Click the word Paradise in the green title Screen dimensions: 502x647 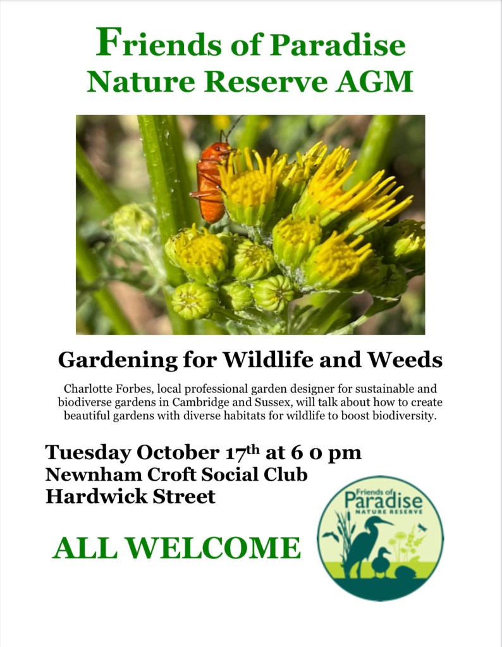click(x=338, y=45)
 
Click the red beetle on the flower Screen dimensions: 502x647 click(x=212, y=182)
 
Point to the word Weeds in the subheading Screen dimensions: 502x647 click(x=405, y=359)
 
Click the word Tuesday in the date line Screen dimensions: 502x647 click(x=89, y=453)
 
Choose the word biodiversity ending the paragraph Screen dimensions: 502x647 click(x=404, y=416)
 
